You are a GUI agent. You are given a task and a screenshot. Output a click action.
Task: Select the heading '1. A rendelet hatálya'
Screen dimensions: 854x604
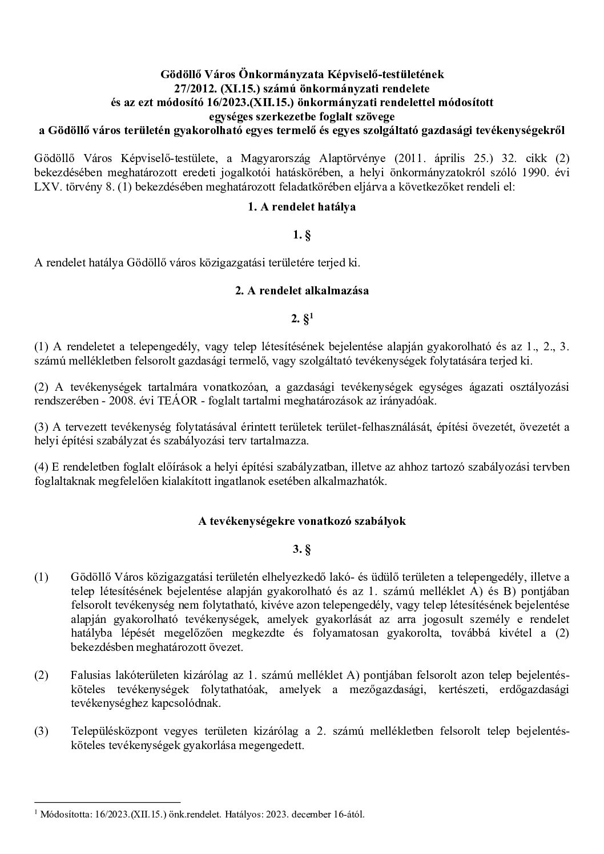(301, 207)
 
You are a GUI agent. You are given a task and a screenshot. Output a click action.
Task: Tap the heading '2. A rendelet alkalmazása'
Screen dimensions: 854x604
(301, 290)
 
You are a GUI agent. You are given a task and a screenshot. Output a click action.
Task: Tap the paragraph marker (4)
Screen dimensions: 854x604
(42, 467)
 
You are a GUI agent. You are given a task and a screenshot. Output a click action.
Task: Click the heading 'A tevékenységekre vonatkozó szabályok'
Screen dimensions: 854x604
(301, 521)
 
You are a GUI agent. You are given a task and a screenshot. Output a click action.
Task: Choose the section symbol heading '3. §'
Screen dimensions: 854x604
(301, 550)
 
